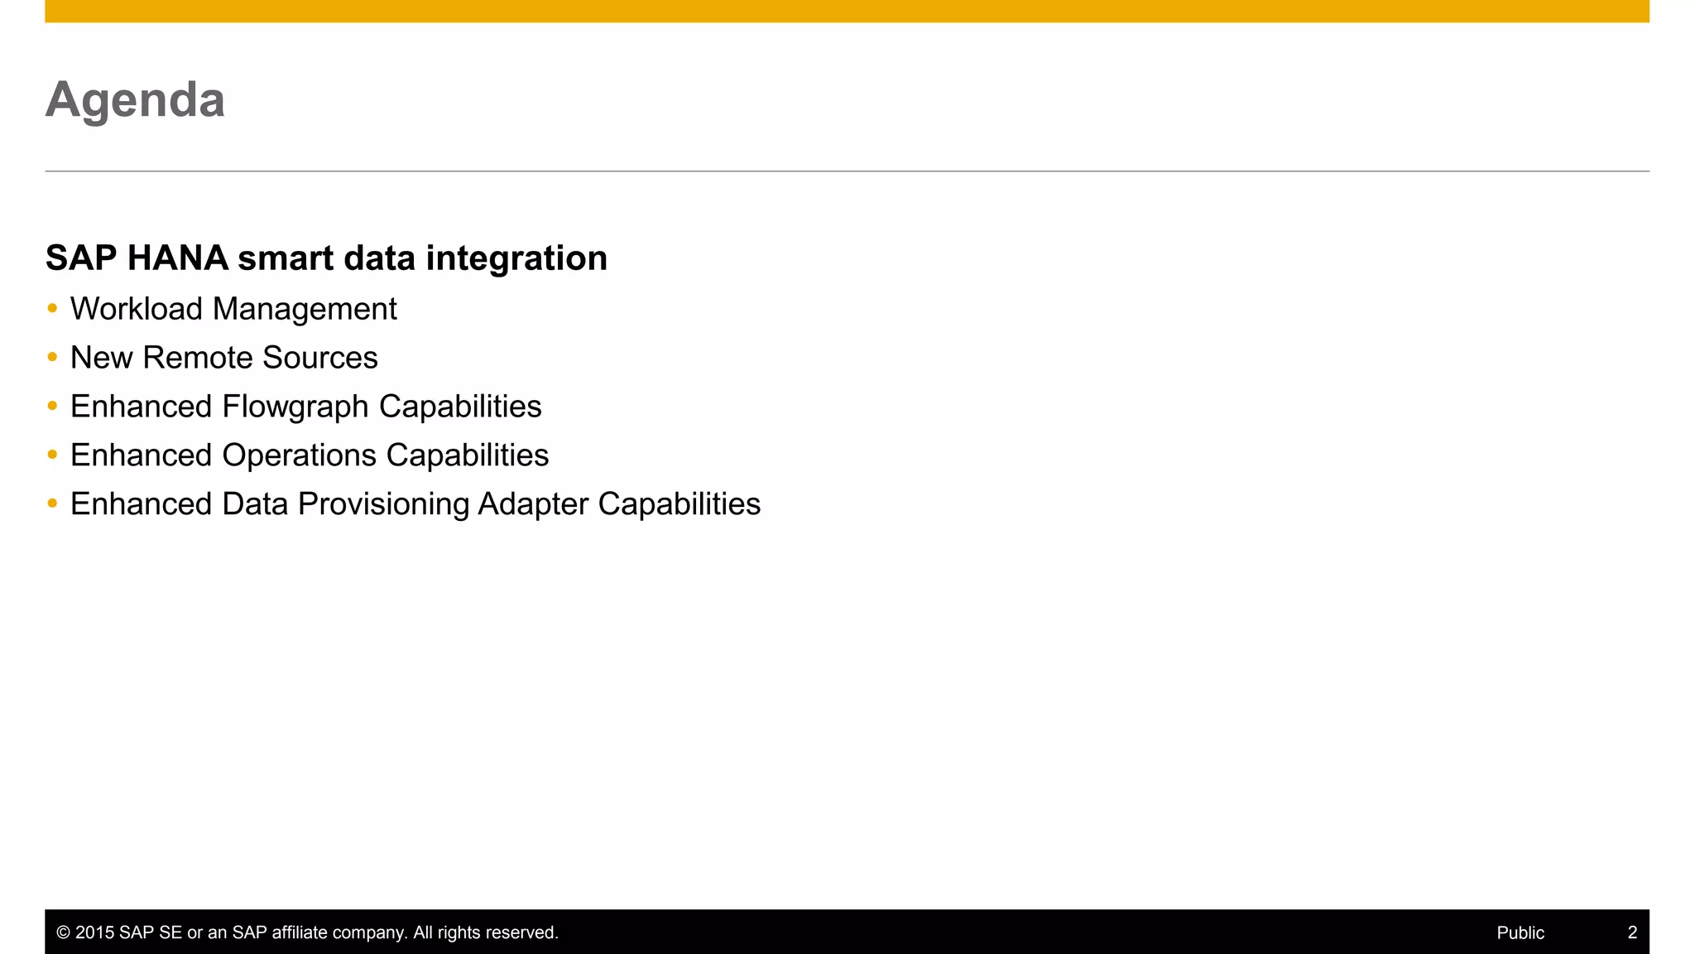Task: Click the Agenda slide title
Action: point(135,100)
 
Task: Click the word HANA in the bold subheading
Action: point(177,258)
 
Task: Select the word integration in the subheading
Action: point(516,258)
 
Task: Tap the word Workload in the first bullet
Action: point(136,309)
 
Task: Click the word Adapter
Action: point(532,504)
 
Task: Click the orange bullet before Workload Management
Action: point(53,309)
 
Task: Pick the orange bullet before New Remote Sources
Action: point(53,358)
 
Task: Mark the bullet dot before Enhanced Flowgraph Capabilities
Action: point(53,406)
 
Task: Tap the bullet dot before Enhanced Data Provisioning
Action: point(53,503)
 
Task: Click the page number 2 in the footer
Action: point(1632,932)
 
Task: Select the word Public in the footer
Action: point(1520,932)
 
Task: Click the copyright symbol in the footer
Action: point(63,932)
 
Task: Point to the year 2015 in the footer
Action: point(94,932)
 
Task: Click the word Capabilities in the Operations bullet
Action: point(467,455)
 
